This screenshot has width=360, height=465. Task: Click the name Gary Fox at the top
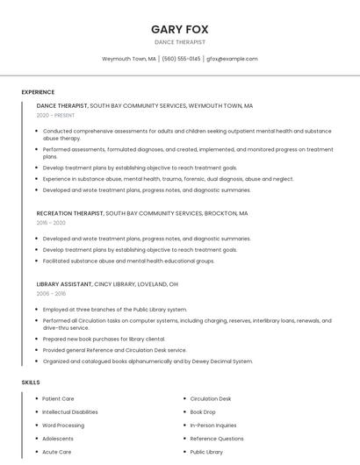pyautogui.click(x=179, y=29)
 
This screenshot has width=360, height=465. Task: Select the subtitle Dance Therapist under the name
pyautogui.click(x=179, y=42)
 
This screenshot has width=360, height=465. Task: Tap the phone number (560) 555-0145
pyautogui.click(x=181, y=59)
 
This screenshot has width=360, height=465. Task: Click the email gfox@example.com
pyautogui.click(x=232, y=59)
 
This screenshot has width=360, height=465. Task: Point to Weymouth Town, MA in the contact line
pyautogui.click(x=129, y=59)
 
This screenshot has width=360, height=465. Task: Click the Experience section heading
pyautogui.click(x=38, y=92)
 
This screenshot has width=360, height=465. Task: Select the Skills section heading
pyautogui.click(x=31, y=383)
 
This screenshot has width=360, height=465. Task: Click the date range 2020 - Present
pyautogui.click(x=55, y=115)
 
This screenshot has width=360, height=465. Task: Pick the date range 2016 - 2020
pyautogui.click(x=51, y=223)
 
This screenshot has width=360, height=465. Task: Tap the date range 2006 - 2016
pyautogui.click(x=51, y=294)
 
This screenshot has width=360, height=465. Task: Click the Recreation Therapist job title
pyautogui.click(x=70, y=213)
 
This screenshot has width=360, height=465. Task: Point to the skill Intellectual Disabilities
pyautogui.click(x=70, y=411)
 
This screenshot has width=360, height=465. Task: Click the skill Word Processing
pyautogui.click(x=63, y=425)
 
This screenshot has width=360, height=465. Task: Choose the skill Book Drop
pyautogui.click(x=203, y=411)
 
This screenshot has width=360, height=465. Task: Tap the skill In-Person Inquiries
pyautogui.click(x=213, y=425)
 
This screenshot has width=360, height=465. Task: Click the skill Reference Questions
pyautogui.click(x=217, y=438)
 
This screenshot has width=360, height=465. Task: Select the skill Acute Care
pyautogui.click(x=57, y=452)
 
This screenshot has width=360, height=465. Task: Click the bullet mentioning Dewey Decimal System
pyautogui.click(x=148, y=361)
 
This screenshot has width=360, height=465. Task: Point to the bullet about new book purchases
pyautogui.click(x=104, y=339)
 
